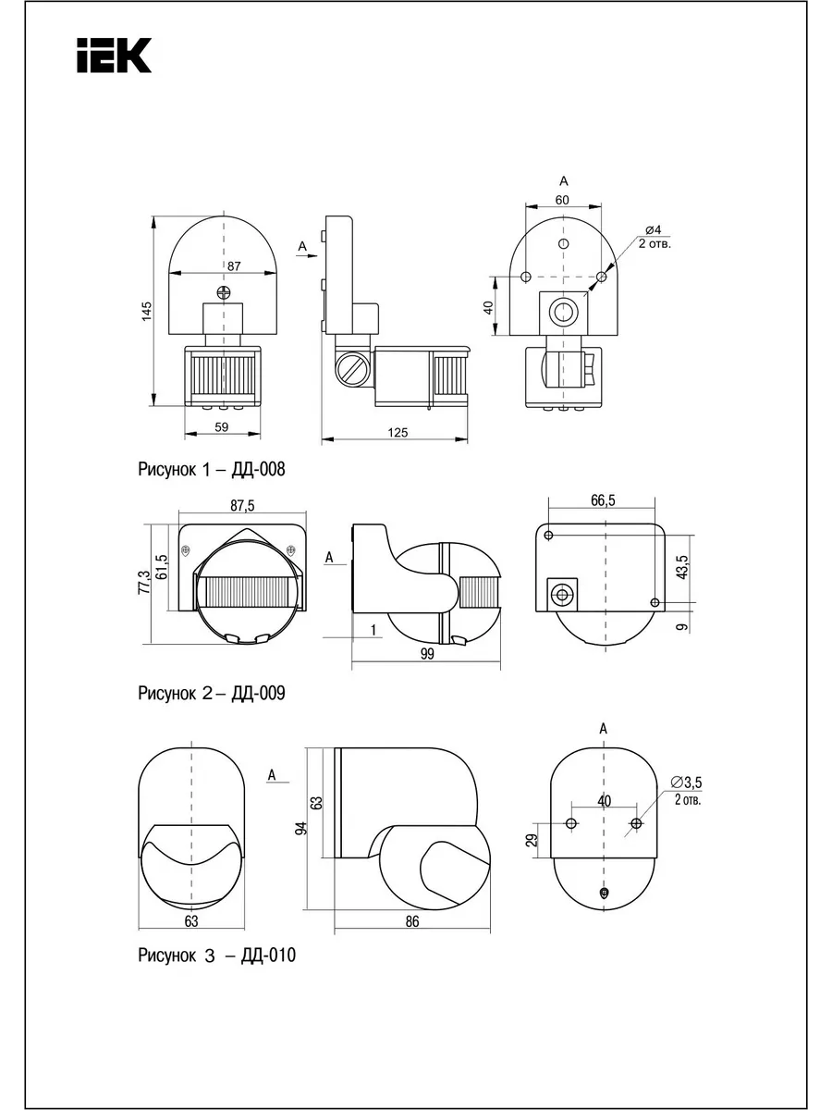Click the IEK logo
tap(114, 55)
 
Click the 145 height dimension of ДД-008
tap(146, 311)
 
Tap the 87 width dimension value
tap(234, 266)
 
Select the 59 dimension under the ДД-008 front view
tap(222, 426)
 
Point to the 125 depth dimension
tap(398, 432)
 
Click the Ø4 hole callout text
tap(654, 229)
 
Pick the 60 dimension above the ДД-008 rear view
tap(562, 200)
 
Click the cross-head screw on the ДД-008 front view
tap(224, 291)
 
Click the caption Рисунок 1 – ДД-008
tap(212, 469)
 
